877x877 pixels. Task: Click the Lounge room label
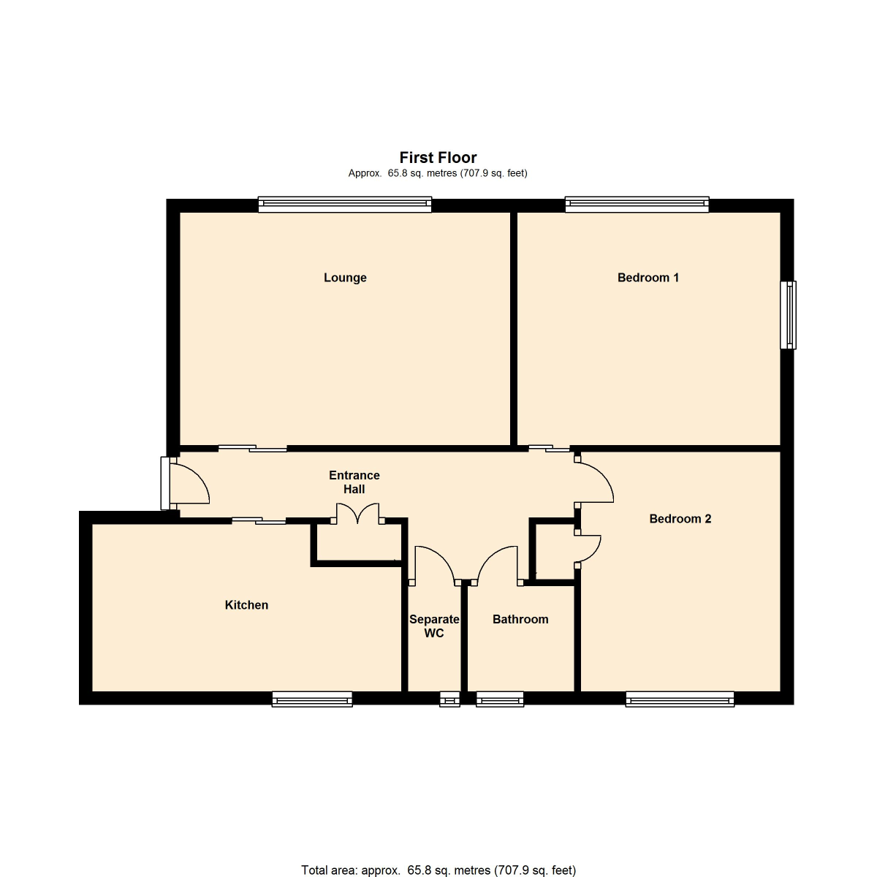[345, 278]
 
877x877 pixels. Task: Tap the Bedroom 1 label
[648, 278]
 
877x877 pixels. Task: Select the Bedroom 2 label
[680, 519]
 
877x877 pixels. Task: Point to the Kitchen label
[246, 605]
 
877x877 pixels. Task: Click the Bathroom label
[520, 619]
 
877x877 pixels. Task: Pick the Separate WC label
[434, 626]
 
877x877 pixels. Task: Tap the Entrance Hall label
[354, 482]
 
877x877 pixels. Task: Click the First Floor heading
[438, 157]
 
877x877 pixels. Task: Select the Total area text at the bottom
[438, 870]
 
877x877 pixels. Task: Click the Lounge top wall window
[344, 205]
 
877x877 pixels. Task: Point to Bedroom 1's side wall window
[789, 315]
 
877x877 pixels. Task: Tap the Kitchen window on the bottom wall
[312, 699]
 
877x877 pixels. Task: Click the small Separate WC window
[449, 699]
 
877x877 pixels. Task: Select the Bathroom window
[500, 699]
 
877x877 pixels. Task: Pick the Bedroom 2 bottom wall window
[680, 699]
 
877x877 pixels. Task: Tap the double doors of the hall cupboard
[357, 513]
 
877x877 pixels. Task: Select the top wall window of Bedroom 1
[637, 205]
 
